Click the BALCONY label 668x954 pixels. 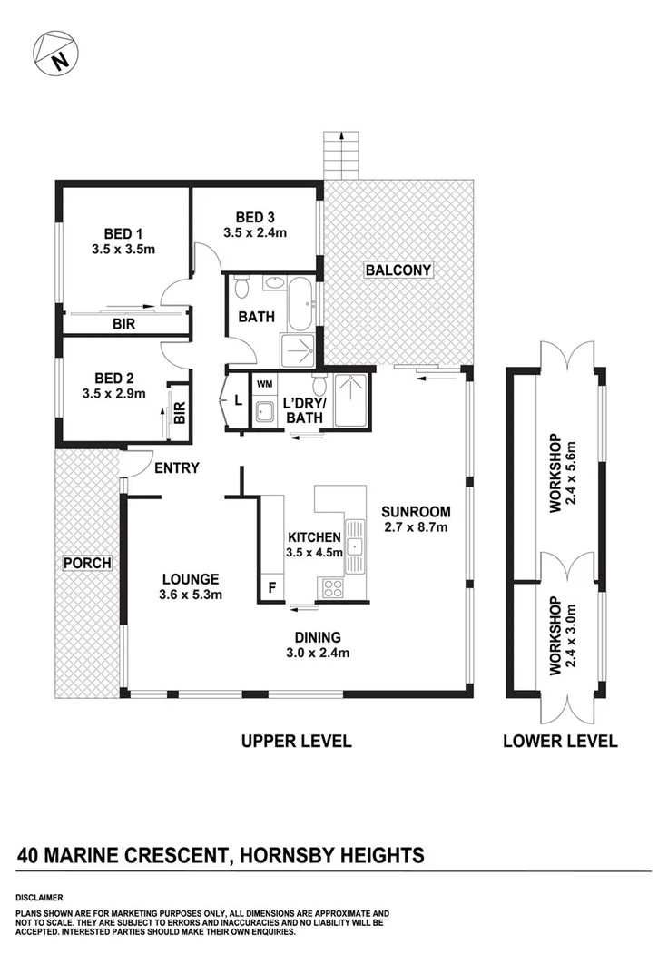pyautogui.click(x=398, y=270)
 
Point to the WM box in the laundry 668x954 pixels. pyautogui.click(x=264, y=385)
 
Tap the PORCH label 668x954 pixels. pyautogui.click(x=87, y=563)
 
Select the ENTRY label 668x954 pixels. pyautogui.click(x=177, y=467)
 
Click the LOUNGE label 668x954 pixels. pyautogui.click(x=191, y=578)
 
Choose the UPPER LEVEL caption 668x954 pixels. pyautogui.click(x=296, y=741)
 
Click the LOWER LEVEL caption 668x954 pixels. pyautogui.click(x=560, y=741)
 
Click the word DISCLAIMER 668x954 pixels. pyautogui.click(x=43, y=895)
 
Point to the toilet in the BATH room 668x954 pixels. pyautogui.click(x=241, y=290)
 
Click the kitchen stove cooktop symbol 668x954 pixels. pyautogui.click(x=334, y=588)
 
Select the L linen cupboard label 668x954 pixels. pyautogui.click(x=238, y=399)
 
